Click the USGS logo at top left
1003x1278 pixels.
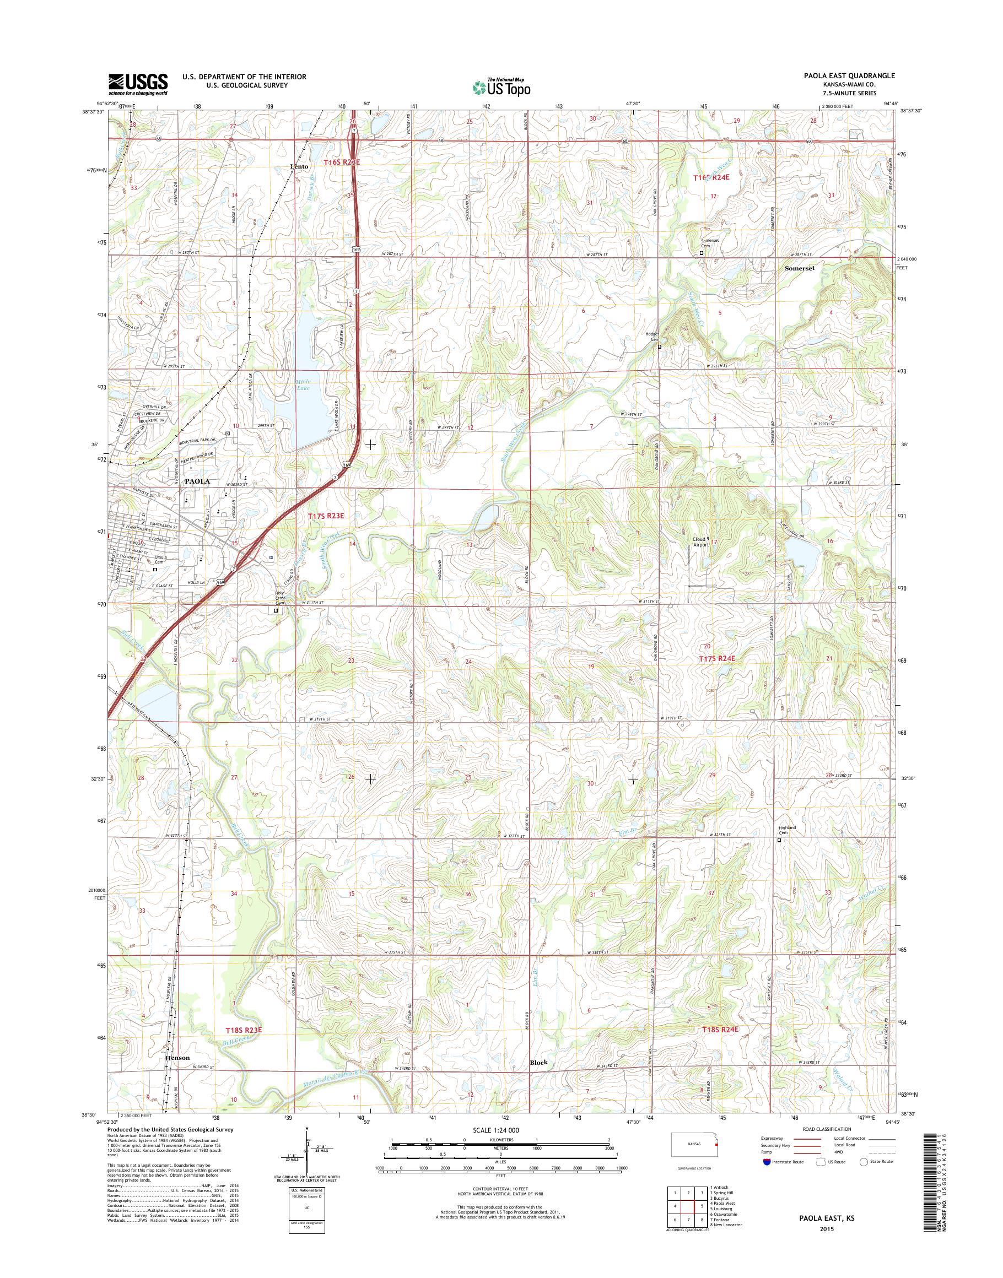(x=138, y=84)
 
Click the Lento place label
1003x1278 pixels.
(x=299, y=167)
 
